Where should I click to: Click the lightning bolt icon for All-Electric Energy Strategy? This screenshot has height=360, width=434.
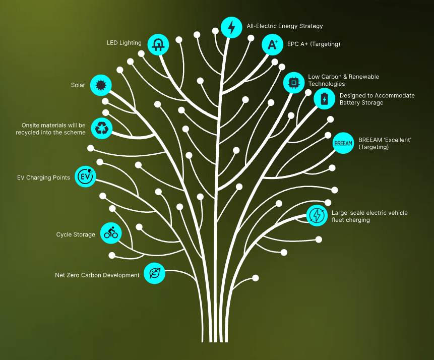click(x=231, y=27)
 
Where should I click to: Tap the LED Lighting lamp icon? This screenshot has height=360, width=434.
click(x=158, y=44)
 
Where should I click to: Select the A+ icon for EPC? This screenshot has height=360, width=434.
click(x=272, y=44)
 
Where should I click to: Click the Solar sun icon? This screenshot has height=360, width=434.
click(x=100, y=85)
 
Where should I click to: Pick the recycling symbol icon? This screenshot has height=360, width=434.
click(x=102, y=129)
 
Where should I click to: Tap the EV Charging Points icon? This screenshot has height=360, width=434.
click(x=85, y=176)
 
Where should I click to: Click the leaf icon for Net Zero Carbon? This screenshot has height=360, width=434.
click(x=155, y=273)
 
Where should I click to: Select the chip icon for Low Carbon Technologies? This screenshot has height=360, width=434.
click(x=293, y=82)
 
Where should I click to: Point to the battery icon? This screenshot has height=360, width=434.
click(x=324, y=98)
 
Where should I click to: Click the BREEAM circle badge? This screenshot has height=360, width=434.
click(x=343, y=143)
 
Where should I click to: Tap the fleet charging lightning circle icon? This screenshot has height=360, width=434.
click(x=317, y=215)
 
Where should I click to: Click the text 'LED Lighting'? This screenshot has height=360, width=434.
click(x=123, y=43)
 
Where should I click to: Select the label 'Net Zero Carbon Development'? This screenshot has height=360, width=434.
click(x=97, y=275)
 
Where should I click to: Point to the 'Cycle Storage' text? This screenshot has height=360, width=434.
click(x=76, y=234)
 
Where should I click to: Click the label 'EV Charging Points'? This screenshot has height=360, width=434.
click(x=43, y=177)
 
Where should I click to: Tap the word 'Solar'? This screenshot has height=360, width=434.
click(x=78, y=85)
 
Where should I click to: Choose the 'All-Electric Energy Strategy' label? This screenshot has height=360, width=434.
click(x=284, y=26)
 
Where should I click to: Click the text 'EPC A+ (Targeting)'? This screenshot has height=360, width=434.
click(x=314, y=44)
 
